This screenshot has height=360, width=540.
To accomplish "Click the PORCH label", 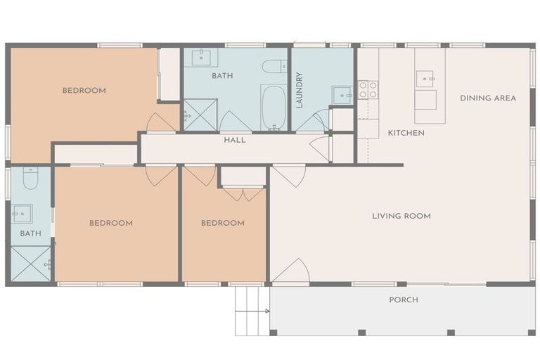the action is pos(404,300).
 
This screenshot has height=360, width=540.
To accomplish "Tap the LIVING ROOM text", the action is pos(401,216).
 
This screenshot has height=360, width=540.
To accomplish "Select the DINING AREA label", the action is pos(488,98).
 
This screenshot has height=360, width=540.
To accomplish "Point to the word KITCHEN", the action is pos(406,133).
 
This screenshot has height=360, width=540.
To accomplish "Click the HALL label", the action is pos(235,140).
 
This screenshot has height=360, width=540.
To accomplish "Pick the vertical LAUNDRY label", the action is pos(300,90).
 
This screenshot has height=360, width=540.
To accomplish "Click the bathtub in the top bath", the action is pos(274,108).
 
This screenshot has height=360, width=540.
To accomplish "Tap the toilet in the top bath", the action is pos(274,67).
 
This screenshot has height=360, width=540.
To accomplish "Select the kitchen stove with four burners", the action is pos(368,89).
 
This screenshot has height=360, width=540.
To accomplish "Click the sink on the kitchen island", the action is pos(425,79).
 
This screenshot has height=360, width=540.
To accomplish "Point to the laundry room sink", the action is pos(342,95).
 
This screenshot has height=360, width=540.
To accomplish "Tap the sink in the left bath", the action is pos(22,214).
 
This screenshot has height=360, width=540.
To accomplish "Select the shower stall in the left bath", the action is pos(31,264).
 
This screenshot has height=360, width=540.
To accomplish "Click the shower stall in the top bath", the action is pos(200,115).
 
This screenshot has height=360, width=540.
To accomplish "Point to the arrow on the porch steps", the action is pos(252,311).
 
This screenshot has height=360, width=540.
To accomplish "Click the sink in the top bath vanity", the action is pos(201,58).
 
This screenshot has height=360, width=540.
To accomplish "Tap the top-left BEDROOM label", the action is pos(84,91).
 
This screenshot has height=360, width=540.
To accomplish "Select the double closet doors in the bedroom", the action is pos(243,194).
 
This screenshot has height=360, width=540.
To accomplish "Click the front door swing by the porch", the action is pos(291,272).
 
